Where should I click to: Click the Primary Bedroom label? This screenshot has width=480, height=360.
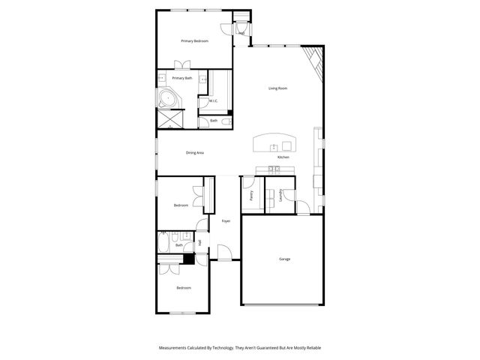[194, 40]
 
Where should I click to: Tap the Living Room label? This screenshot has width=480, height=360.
[278, 88]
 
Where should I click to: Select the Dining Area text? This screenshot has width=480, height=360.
[195, 153]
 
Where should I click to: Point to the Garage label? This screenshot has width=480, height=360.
[285, 259]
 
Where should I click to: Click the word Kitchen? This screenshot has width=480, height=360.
[283, 157]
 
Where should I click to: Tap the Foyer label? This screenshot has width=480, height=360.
[226, 221]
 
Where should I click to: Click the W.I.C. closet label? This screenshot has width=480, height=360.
[213, 101]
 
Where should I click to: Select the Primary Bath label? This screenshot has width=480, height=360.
[182, 78]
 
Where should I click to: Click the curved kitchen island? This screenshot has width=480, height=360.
[274, 142]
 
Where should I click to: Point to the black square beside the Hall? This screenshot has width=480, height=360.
[189, 259]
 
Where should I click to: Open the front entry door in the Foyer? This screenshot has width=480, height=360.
[223, 252]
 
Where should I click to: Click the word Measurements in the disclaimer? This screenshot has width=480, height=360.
[173, 348]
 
